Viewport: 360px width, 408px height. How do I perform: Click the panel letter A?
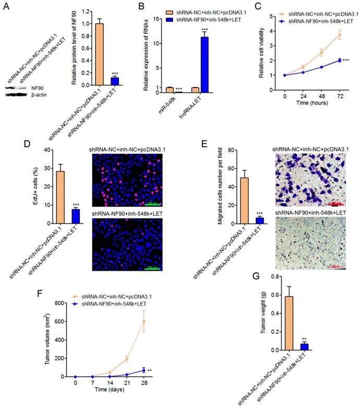pos(6,7)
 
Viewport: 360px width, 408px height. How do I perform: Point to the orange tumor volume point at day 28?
pos(158,321)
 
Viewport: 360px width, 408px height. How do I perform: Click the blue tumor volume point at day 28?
pos(158,370)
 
